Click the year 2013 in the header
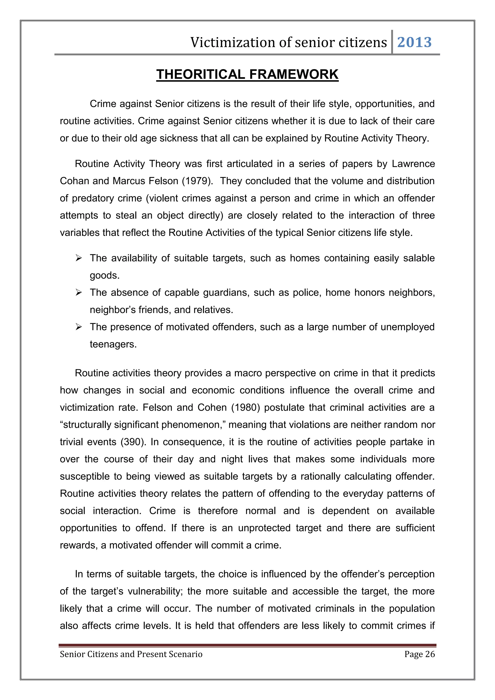[414, 42]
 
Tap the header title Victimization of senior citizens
[288, 42]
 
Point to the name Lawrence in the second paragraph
[413, 164]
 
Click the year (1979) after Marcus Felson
[197, 181]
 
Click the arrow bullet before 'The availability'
[79, 258]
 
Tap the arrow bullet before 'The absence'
[79, 293]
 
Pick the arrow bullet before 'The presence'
[79, 327]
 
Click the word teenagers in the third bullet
[113, 344]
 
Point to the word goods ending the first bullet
[104, 276]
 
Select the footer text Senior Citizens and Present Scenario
[131, 654]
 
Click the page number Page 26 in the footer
[419, 654]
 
